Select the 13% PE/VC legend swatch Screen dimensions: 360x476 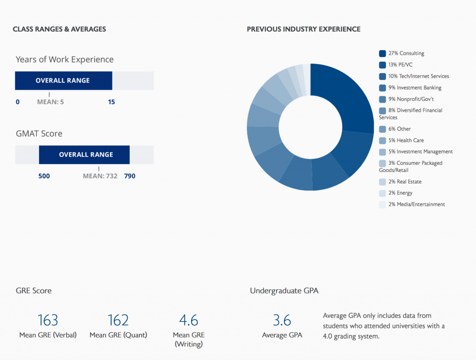tap(383, 65)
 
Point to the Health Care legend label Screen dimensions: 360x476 tap(406, 140)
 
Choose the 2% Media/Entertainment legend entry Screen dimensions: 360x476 tap(416, 204)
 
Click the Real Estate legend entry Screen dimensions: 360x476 tap(405, 182)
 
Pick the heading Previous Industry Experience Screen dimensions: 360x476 tap(304, 29)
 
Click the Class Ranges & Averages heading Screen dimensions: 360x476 tap(59, 29)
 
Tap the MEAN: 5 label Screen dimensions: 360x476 tap(50, 102)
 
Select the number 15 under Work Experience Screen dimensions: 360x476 tap(112, 102)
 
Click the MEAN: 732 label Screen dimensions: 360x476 tap(100, 176)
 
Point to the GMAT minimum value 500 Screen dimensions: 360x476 tap(44, 176)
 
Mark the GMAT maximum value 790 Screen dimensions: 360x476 tap(130, 176)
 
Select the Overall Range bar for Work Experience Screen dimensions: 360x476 tap(64, 80)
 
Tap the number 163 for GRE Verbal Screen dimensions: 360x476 tap(48, 320)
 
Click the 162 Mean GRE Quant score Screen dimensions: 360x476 tap(118, 320)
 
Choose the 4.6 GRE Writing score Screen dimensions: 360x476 tap(189, 320)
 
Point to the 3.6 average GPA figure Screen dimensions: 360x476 tap(282, 320)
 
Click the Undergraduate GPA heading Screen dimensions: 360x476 tap(284, 291)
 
